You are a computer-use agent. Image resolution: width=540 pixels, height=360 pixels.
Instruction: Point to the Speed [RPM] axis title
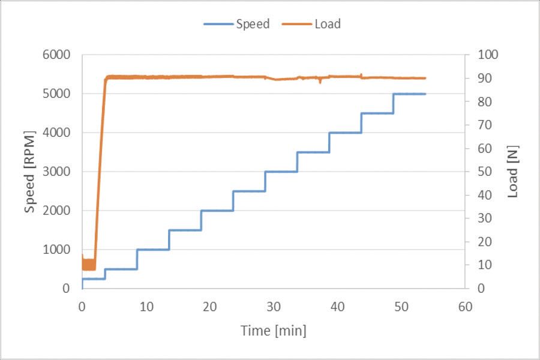point(30,172)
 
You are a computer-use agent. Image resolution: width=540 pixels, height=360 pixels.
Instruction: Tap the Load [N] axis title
point(512,172)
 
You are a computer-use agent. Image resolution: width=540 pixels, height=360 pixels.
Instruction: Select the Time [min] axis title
point(273,330)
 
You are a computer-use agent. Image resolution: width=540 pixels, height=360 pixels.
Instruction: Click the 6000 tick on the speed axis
point(58,55)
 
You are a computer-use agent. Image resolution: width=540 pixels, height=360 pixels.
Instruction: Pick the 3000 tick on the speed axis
point(58,172)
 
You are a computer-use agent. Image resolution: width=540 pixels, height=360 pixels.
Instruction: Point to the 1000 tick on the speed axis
point(58,250)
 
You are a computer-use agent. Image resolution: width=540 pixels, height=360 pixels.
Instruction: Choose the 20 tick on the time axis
point(209,307)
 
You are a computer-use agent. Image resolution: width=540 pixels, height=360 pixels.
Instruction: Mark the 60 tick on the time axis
point(465,307)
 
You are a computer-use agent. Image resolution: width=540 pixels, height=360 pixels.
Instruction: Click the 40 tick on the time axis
point(337,307)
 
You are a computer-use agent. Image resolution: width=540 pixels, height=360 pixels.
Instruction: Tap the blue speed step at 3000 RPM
point(281,172)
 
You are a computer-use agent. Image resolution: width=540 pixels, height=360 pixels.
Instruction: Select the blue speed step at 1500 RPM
point(185,230)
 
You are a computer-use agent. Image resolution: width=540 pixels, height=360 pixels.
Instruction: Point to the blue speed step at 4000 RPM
point(345,133)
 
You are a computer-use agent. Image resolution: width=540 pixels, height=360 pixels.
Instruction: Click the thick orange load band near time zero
point(89,264)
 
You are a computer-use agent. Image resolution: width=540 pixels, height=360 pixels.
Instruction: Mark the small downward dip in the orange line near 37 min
point(320,81)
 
